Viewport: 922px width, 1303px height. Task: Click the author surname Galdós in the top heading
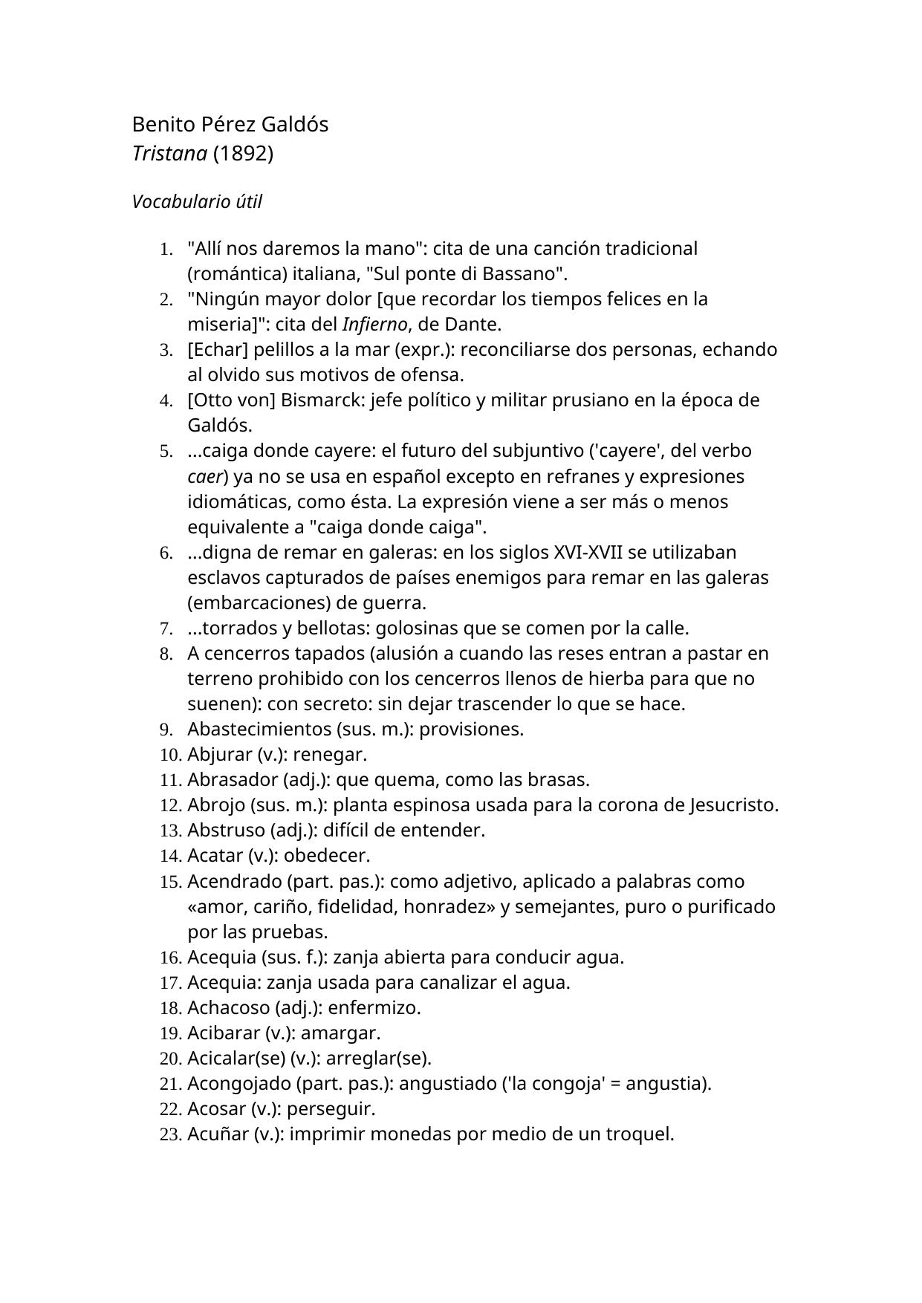tap(296, 124)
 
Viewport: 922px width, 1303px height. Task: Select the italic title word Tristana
tap(169, 154)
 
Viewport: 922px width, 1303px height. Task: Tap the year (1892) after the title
tap(243, 154)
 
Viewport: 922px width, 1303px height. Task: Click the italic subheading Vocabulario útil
tap(196, 202)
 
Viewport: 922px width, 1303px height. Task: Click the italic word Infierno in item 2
tap(374, 325)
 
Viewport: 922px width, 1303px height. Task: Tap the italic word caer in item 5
tap(205, 476)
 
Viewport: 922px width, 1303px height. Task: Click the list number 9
tap(166, 730)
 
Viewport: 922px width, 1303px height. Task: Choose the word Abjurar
tap(220, 755)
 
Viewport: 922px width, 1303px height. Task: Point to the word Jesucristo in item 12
tap(733, 805)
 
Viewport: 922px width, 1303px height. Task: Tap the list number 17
tap(170, 983)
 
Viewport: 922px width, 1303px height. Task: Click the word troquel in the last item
tap(640, 1134)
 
